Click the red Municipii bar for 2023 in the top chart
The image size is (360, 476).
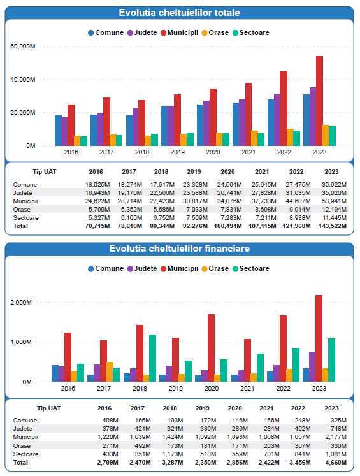(319, 101)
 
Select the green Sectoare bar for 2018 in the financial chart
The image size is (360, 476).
(152, 358)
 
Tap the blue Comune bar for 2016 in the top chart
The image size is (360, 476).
(58, 131)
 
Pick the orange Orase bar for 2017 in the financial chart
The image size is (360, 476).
(110, 372)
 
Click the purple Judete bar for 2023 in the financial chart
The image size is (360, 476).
(312, 366)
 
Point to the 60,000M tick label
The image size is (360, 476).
(23, 47)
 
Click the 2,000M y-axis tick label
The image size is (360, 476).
(21, 302)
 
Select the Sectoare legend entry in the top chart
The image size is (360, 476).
(250, 32)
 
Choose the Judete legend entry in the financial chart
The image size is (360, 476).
(142, 269)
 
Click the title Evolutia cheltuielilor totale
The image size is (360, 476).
(180, 13)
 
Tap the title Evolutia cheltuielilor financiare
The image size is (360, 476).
(180, 249)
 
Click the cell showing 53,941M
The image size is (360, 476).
(335, 201)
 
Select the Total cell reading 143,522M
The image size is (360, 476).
(333, 226)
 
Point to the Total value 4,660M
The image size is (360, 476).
(336, 463)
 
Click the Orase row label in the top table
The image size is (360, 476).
(22, 210)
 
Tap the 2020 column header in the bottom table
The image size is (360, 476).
(235, 408)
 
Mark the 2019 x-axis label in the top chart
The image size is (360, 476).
(178, 152)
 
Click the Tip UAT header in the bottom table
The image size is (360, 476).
(49, 408)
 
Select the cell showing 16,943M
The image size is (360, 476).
(97, 193)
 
